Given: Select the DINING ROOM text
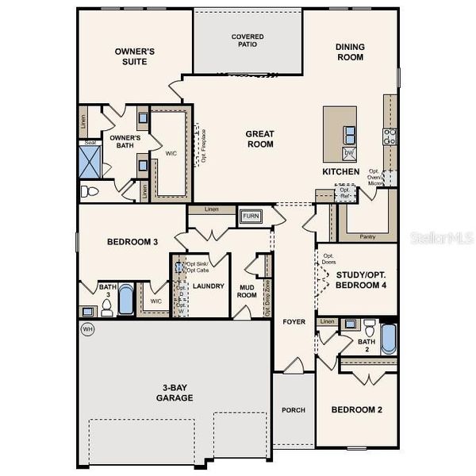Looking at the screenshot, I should [x=349, y=52].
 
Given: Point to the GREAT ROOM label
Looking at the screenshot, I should [x=259, y=139].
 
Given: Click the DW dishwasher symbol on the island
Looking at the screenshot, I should [x=348, y=152].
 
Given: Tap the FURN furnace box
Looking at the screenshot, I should [x=251, y=216].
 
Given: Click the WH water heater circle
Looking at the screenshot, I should [x=86, y=328].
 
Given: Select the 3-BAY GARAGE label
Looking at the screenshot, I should [x=175, y=393].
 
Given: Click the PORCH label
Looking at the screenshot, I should [x=294, y=410].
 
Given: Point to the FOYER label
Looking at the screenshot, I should [x=294, y=322].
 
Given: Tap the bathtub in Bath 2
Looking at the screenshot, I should [x=388, y=337].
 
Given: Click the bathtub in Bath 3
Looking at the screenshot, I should [x=126, y=300].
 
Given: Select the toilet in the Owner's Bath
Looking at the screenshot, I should [x=90, y=190].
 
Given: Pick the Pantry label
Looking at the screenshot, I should [x=367, y=236].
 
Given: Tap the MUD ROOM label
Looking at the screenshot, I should [x=247, y=290].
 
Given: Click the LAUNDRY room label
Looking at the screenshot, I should [x=209, y=286].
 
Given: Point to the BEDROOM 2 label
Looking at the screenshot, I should [x=355, y=410].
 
